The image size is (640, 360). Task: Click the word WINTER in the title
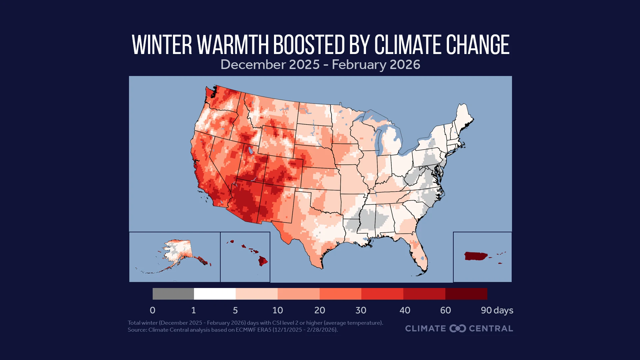(x=162, y=45)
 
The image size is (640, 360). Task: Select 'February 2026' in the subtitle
(x=376, y=64)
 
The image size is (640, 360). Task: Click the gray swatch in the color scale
(x=173, y=294)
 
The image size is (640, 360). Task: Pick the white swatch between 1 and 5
(x=215, y=294)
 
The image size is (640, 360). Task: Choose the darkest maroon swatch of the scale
(x=466, y=294)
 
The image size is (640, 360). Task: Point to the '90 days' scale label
(x=497, y=310)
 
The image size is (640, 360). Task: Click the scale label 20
(x=319, y=310)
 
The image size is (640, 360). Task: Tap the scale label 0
(x=153, y=310)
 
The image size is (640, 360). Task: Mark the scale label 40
(x=405, y=310)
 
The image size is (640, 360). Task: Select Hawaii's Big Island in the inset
(x=263, y=261)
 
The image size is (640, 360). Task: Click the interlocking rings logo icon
(x=457, y=328)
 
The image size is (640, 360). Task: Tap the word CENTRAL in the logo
(x=491, y=328)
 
